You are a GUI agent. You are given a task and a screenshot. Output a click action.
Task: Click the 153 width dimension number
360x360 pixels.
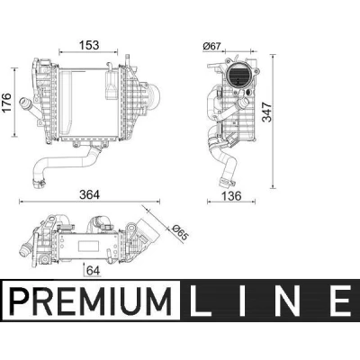pyautogui.click(x=89, y=45)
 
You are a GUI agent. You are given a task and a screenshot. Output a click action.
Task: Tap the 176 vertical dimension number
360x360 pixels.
pyautogui.click(x=6, y=103)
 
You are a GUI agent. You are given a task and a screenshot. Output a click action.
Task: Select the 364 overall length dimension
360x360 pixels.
pyautogui.click(x=89, y=194)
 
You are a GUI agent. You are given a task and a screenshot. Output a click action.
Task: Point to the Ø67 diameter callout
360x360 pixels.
pyautogui.click(x=211, y=46)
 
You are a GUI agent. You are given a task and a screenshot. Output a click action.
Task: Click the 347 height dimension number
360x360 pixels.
pyautogui.click(x=266, y=112)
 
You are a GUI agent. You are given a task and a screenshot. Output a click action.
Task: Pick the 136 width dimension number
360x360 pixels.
pyautogui.click(x=231, y=196)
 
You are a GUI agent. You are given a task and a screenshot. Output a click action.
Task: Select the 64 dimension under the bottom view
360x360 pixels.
pyautogui.click(x=93, y=271)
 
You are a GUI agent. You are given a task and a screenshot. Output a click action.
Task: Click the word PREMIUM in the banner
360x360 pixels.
pyautogui.click(x=91, y=301)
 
